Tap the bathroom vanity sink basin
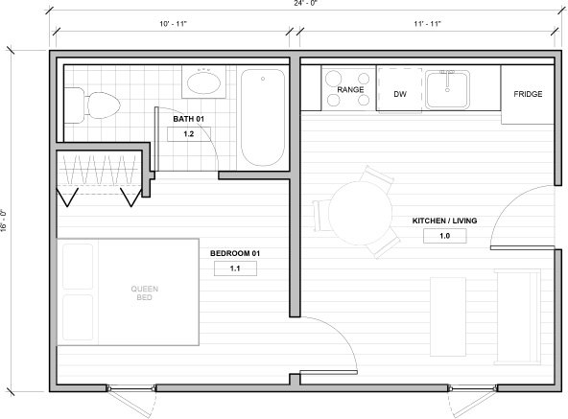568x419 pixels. pyautogui.click(x=203, y=82)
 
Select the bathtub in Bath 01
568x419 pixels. pyautogui.click(x=263, y=118)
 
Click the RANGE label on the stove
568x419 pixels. pyautogui.click(x=350, y=89)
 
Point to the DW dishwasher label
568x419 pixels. pyautogui.click(x=400, y=94)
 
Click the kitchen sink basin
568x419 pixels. pyautogui.click(x=447, y=89)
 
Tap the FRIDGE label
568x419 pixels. pyautogui.click(x=528, y=94)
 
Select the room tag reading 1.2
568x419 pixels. pyautogui.click(x=189, y=134)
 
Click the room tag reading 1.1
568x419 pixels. pyautogui.click(x=235, y=268)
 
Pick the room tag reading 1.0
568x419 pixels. pyautogui.click(x=445, y=236)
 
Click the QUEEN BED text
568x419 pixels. pyautogui.click(x=145, y=293)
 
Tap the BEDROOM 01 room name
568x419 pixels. pyautogui.click(x=235, y=253)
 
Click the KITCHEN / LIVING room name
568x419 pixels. pyautogui.click(x=444, y=221)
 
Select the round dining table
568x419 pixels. pyautogui.click(x=360, y=212)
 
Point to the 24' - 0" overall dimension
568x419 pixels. pyautogui.click(x=305, y=3)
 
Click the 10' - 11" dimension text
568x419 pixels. pyautogui.click(x=173, y=24)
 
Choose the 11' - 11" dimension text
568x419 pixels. pyautogui.click(x=428, y=24)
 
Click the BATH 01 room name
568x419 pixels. pyautogui.click(x=188, y=119)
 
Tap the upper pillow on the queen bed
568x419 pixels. pyautogui.click(x=78, y=267)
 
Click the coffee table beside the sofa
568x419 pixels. pyautogui.click(x=448, y=316)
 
